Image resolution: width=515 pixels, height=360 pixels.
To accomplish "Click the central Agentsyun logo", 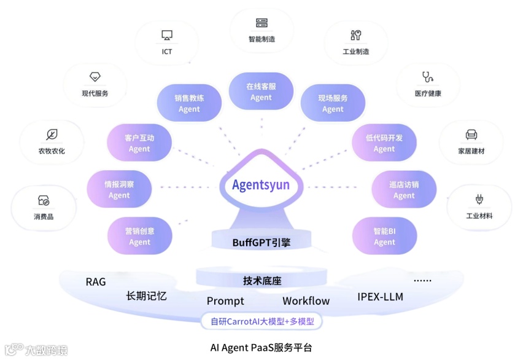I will pos(261,185).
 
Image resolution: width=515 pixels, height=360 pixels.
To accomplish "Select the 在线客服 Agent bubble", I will pos(261,92).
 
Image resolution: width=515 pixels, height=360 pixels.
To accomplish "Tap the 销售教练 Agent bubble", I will pos(189,103).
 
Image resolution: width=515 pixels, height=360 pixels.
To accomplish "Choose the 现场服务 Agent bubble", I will pos(333,103).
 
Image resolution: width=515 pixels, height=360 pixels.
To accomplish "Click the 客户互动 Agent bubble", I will pos(139,143).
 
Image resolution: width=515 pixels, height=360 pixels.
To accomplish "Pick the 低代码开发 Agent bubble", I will pos(384,143).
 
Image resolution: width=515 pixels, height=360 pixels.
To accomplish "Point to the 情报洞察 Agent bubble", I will pos(119,189).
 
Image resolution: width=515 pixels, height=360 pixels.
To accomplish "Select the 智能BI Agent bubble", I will pos(384,237).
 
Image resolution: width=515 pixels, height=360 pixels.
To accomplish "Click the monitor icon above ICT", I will pos(167,36).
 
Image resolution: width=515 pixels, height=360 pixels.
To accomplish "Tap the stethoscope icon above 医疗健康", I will pos(427,77).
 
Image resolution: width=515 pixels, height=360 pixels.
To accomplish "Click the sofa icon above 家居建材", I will pos(471,134).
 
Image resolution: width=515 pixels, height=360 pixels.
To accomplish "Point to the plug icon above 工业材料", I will pos(479,199).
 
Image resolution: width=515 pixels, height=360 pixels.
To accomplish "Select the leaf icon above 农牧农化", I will pos(52,135).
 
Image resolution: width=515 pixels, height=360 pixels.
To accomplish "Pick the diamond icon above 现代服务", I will pos(95,77).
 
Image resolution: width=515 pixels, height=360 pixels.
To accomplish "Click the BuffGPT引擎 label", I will pos(261,243).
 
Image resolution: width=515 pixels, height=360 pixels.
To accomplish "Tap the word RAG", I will pos(96,282).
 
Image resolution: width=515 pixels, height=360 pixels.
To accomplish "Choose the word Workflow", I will pos(306,301).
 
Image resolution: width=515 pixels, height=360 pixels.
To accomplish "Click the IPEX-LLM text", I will pos(380,296).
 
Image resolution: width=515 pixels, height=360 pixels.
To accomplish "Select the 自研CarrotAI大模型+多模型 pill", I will pos(261,321).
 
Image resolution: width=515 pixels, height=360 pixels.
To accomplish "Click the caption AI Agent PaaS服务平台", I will pos(261,348).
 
